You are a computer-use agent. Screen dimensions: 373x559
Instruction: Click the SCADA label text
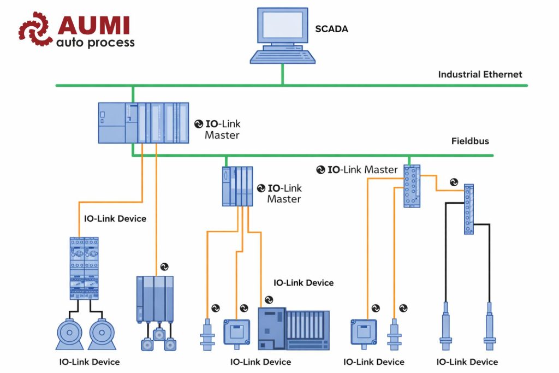(331, 28)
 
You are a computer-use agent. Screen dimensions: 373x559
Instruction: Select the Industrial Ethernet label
(480, 74)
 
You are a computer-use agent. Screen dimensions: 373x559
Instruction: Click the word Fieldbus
(470, 141)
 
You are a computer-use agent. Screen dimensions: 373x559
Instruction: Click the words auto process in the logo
(96, 42)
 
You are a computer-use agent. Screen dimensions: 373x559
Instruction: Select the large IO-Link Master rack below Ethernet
(144, 123)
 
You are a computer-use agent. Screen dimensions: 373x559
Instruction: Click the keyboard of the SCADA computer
(282, 56)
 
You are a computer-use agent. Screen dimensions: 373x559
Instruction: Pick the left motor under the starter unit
(69, 333)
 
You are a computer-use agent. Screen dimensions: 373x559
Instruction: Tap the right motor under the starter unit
(102, 333)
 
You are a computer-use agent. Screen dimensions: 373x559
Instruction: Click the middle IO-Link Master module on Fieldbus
(237, 186)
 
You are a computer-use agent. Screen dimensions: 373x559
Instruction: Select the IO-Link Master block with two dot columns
(412, 186)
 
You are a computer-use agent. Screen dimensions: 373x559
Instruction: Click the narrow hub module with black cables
(468, 209)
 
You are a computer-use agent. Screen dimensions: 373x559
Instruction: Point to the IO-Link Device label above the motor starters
(115, 218)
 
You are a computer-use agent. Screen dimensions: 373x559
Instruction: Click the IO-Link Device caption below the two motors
(89, 362)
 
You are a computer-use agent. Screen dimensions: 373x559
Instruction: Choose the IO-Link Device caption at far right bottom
(467, 362)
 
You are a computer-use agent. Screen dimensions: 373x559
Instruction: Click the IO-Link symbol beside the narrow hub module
(454, 182)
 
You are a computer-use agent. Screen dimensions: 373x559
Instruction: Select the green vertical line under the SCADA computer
(282, 74)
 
